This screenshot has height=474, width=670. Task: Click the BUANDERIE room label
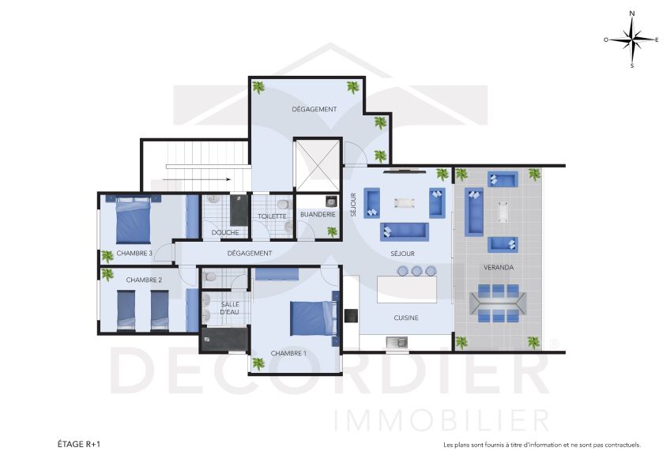318,214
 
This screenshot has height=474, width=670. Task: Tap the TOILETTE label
272,216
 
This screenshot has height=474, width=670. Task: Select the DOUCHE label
225,232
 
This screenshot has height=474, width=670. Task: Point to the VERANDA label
499,268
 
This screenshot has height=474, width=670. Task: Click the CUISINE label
406,318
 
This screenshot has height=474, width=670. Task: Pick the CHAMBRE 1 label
288,353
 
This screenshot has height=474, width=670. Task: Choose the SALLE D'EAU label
230,308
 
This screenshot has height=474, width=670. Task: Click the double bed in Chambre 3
134,220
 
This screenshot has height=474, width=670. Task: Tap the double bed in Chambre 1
312,318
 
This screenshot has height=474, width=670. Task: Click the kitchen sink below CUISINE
397,342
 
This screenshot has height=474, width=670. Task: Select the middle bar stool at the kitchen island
416,270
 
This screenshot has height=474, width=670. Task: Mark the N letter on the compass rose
632,13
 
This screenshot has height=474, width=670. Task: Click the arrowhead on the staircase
228,179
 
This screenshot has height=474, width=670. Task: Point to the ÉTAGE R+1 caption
79,444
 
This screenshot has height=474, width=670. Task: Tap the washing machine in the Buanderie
331,201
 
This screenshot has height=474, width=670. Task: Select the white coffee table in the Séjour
405,203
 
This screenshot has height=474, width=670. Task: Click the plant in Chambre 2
107,275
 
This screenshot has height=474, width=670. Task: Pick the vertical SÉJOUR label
353,205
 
